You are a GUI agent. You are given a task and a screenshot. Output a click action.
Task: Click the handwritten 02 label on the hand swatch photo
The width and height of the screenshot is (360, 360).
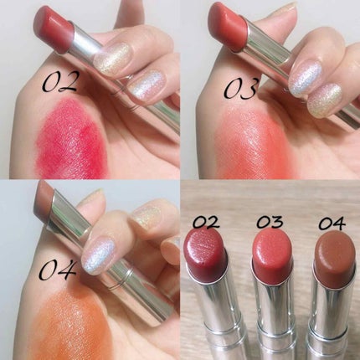tap(60, 81)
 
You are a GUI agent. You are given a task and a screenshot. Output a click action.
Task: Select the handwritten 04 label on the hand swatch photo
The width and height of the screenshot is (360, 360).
tap(57, 269)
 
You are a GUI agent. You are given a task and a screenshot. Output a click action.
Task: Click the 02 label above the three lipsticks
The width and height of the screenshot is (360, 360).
tap(205, 223)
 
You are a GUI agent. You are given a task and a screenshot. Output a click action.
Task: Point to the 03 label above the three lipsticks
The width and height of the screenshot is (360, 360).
tap(270, 222)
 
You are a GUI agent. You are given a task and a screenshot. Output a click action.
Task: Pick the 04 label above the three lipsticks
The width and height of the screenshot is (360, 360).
tap(332, 224)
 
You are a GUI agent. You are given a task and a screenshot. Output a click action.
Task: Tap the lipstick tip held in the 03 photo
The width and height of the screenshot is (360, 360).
tap(227, 27)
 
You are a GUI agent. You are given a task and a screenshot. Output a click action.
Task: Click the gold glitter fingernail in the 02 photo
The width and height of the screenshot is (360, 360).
tap(112, 59)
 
